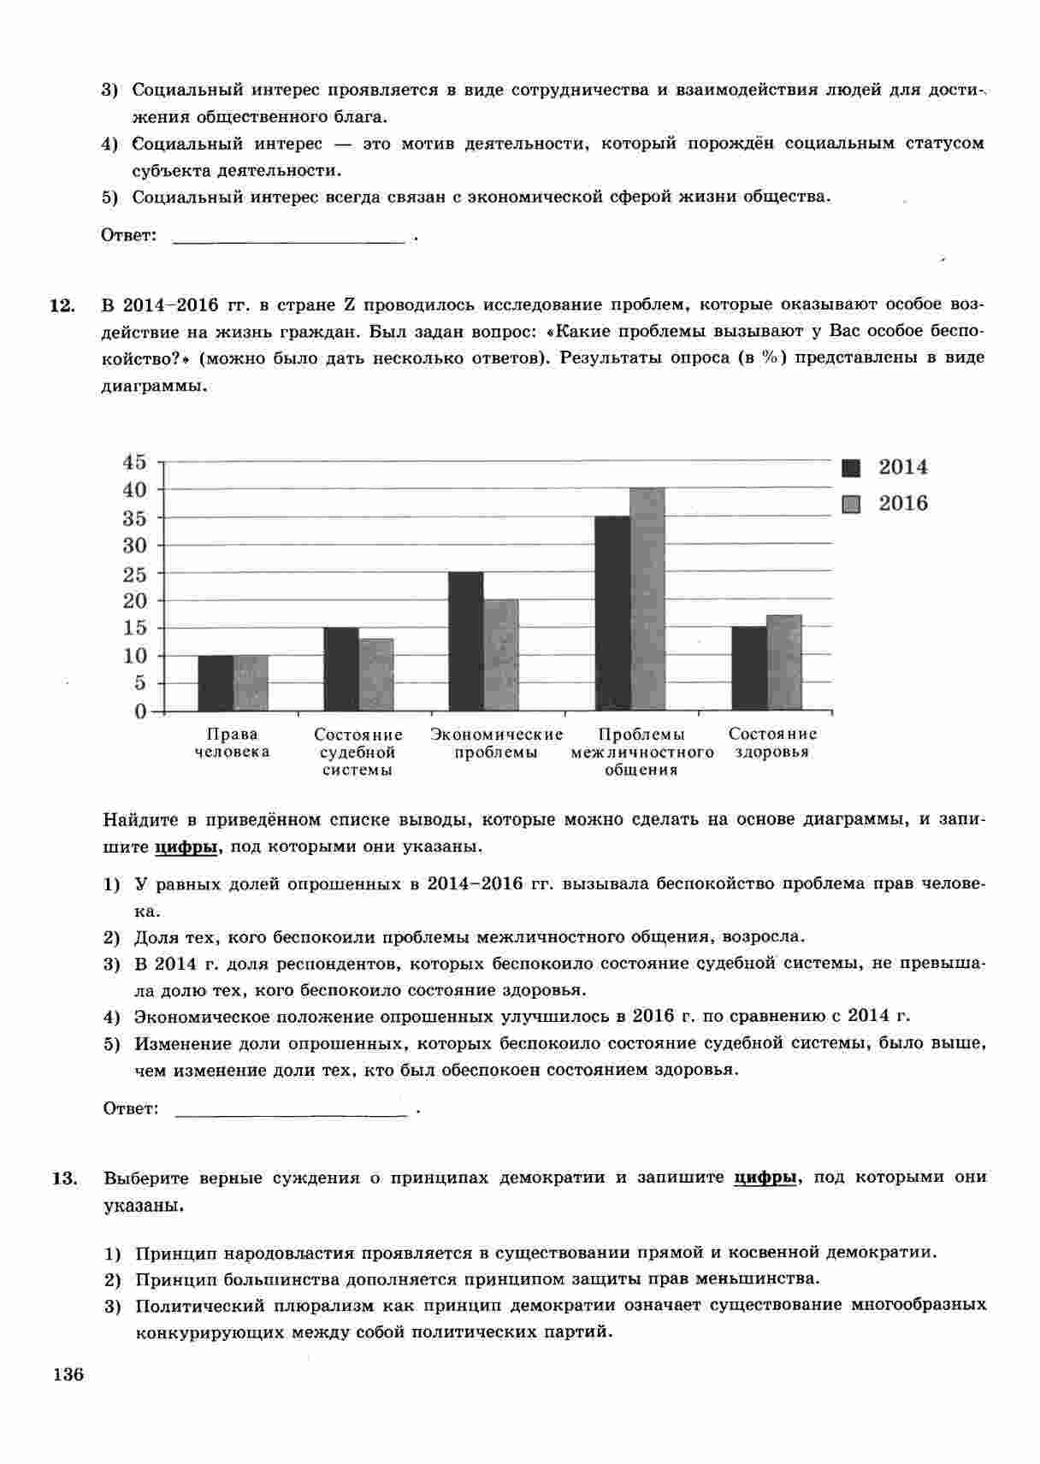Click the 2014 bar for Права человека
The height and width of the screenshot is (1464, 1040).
pyautogui.click(x=215, y=682)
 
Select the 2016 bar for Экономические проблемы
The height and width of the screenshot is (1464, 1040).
pyautogui.click(x=500, y=655)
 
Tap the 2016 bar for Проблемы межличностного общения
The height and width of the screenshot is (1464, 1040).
pyautogui.click(x=647, y=599)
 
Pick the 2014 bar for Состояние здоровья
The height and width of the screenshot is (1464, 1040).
pyautogui.click(x=748, y=668)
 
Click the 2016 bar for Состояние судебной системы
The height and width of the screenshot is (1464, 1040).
pyautogui.click(x=375, y=675)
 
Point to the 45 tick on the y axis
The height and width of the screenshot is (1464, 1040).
pyautogui.click(x=135, y=463)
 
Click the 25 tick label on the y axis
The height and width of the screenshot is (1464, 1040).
pyautogui.click(x=135, y=575)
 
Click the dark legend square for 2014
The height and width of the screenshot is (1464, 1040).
pyautogui.click(x=851, y=468)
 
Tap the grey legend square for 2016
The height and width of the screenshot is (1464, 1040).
pyautogui.click(x=851, y=504)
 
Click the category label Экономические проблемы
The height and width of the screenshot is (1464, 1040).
pyautogui.click(x=497, y=743)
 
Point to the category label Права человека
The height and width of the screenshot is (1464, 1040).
pyautogui.click(x=232, y=743)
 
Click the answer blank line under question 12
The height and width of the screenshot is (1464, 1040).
pyautogui.click(x=290, y=1111)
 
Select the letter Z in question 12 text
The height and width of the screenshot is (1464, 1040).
pyautogui.click(x=350, y=304)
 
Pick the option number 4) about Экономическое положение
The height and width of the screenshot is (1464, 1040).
pyautogui.click(x=111, y=1018)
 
